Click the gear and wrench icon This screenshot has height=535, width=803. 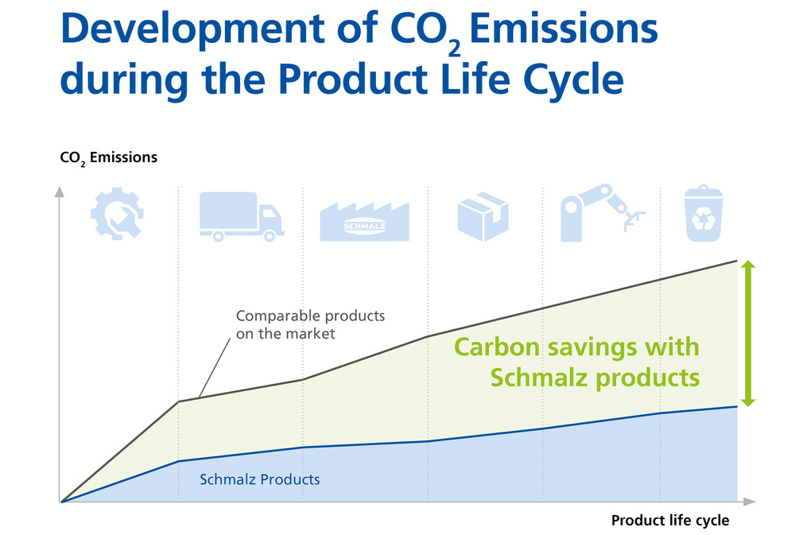pyautogui.click(x=117, y=214)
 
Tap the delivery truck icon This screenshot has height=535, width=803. pyautogui.click(x=241, y=216)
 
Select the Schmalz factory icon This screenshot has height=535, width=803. pyautogui.click(x=365, y=222)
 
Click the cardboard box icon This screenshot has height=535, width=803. pyautogui.click(x=483, y=216)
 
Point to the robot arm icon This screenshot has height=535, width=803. pyautogui.click(x=603, y=212)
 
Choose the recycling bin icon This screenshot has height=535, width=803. pyautogui.click(x=704, y=213)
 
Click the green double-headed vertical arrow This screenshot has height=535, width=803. pyautogui.click(x=748, y=333)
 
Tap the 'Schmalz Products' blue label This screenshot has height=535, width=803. pyautogui.click(x=260, y=479)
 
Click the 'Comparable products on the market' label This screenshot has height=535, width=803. pyautogui.click(x=310, y=324)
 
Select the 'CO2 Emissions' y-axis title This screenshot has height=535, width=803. pyautogui.click(x=109, y=157)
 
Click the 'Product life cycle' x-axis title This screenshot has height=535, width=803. pyautogui.click(x=670, y=520)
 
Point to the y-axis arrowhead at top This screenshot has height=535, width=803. pyautogui.click(x=60, y=192)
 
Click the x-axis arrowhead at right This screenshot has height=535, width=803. pyautogui.click(x=750, y=502)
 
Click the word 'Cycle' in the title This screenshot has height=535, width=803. pyautogui.click(x=573, y=81)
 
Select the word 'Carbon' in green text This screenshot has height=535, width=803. pyautogui.click(x=497, y=347)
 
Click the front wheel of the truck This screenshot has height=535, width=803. pyautogui.click(x=270, y=235)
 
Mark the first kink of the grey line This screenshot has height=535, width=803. pyautogui.click(x=178, y=402)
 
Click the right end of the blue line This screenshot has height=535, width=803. pyautogui.click(x=737, y=406)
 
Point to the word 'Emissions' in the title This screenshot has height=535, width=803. pyautogui.click(x=564, y=29)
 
